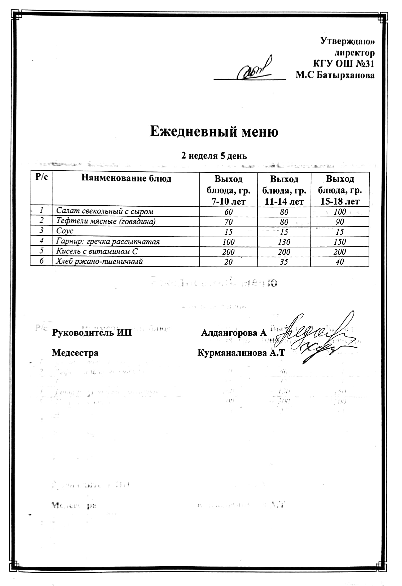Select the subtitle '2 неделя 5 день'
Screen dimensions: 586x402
point(214,156)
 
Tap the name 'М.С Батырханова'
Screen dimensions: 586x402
point(335,76)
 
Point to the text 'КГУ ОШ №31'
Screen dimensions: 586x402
point(344,64)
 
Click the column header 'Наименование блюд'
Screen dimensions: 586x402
point(126,178)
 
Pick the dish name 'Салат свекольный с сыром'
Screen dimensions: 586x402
point(105,212)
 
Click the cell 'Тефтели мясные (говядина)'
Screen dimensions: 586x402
point(106,221)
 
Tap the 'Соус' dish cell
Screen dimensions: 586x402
point(65,231)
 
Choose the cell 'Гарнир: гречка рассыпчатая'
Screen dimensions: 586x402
point(108,242)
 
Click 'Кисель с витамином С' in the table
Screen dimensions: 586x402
point(97,251)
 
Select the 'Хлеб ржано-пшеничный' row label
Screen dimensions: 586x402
point(99,262)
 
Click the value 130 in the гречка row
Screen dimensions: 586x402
point(284,242)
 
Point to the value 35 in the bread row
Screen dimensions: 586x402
point(284,262)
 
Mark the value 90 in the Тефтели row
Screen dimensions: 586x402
point(340,222)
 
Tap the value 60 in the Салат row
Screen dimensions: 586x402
point(228,212)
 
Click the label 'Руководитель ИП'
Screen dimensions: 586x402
point(92,332)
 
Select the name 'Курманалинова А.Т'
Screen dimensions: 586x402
point(241,353)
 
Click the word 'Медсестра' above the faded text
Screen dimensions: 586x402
point(75,353)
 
